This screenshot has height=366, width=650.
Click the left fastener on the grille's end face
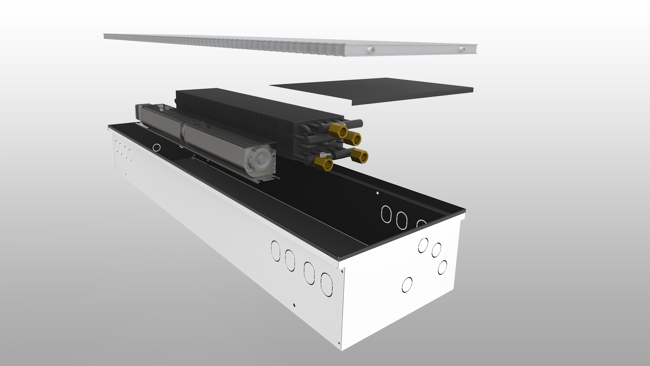coord(372,50)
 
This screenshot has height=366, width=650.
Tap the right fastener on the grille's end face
coord(461,49)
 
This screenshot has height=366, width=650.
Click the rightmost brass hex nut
coord(360,156)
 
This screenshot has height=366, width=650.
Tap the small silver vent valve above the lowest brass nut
coord(323,155)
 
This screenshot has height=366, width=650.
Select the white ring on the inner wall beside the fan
coord(157,147)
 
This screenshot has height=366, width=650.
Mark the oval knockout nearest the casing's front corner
coord(326,284)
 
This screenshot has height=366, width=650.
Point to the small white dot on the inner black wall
coord(378,193)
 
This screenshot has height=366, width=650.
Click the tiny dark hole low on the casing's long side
coord(295,305)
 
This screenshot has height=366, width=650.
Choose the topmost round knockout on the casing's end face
coord(423,245)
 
